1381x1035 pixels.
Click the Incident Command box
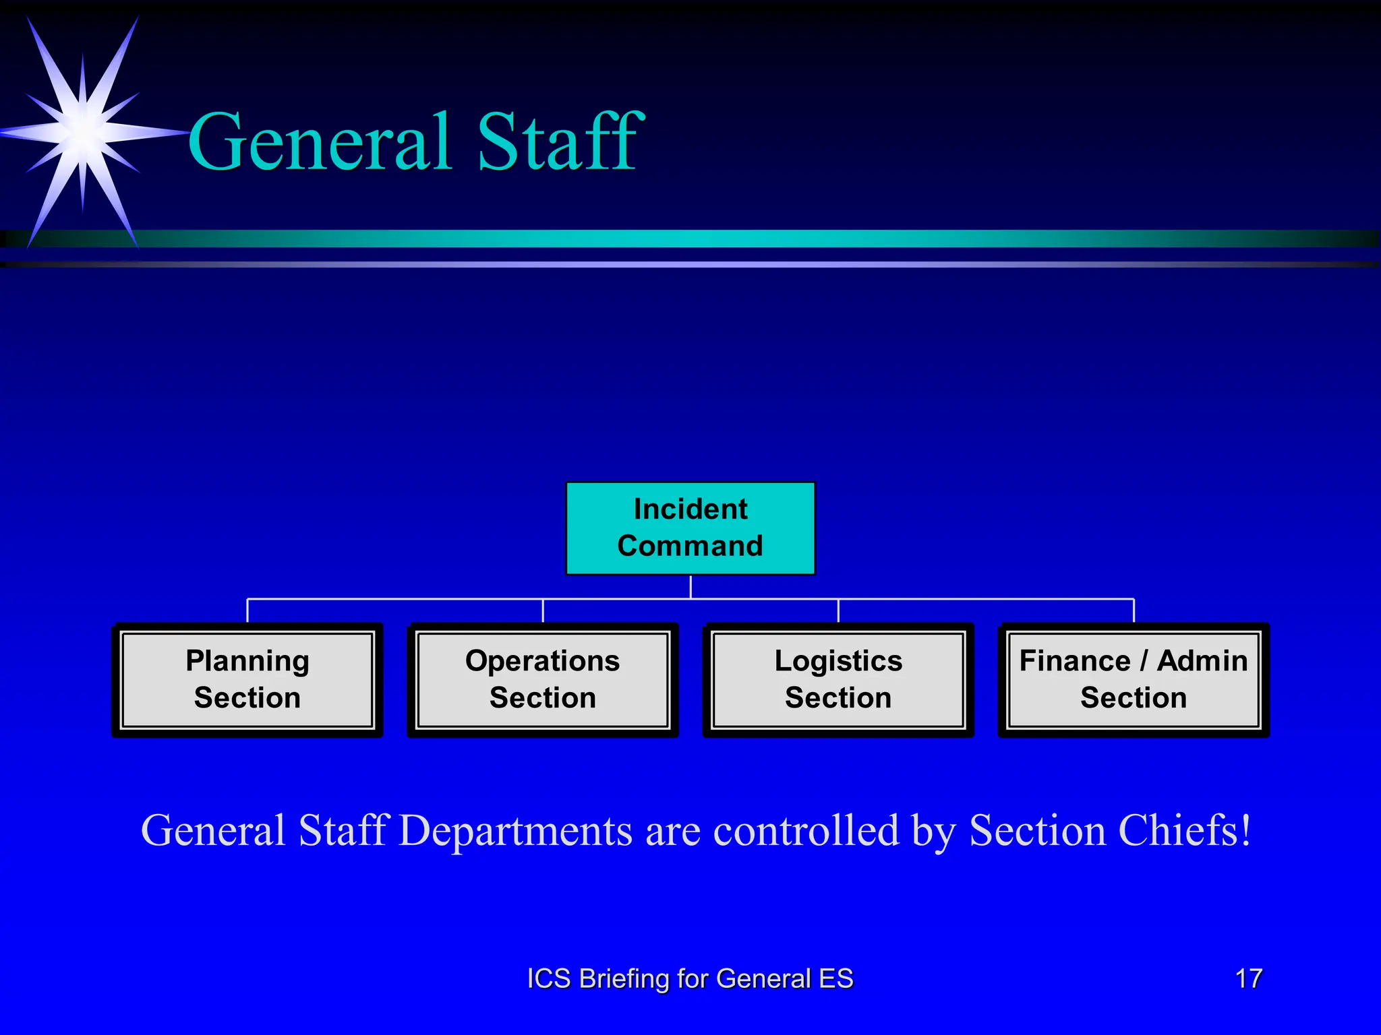click(x=690, y=528)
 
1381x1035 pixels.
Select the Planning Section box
click(x=247, y=679)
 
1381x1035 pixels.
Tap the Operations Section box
click(x=543, y=679)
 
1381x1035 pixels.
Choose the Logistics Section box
click(x=838, y=679)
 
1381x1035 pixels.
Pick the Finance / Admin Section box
click(x=1134, y=679)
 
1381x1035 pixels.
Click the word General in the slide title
click(x=320, y=142)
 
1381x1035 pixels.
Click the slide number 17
click(x=1248, y=978)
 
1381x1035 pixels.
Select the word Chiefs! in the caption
click(x=1184, y=830)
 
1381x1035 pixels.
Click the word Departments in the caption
click(x=516, y=832)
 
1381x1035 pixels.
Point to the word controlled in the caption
click(x=806, y=830)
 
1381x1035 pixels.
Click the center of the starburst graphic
click(x=83, y=131)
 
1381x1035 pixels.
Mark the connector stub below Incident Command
click(x=690, y=586)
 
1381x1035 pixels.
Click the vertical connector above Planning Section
click(x=247, y=610)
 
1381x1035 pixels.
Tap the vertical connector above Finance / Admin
click(x=1134, y=610)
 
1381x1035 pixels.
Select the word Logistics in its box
click(x=838, y=661)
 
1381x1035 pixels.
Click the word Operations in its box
click(x=543, y=661)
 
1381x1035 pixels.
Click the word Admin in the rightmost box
click(x=1202, y=661)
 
